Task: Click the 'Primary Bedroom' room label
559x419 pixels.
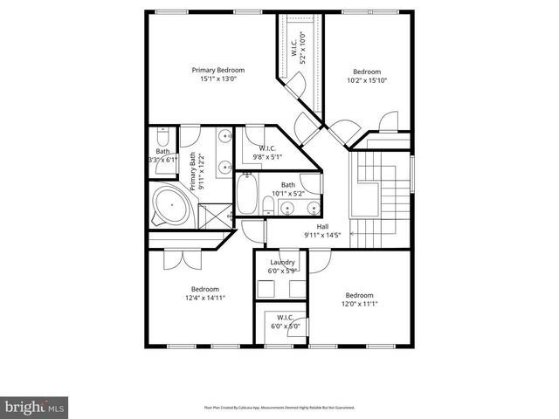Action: [x=218, y=70]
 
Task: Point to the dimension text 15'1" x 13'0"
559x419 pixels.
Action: [x=218, y=79]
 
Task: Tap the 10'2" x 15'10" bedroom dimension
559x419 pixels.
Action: [x=367, y=80]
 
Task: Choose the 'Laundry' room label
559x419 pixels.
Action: [x=282, y=262]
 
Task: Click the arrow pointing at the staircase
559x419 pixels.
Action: [x=353, y=234]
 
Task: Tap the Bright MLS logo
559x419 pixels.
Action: [x=35, y=406]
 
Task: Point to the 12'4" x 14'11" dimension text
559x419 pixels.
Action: [x=205, y=298]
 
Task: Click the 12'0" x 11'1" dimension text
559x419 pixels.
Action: [x=358, y=304]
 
